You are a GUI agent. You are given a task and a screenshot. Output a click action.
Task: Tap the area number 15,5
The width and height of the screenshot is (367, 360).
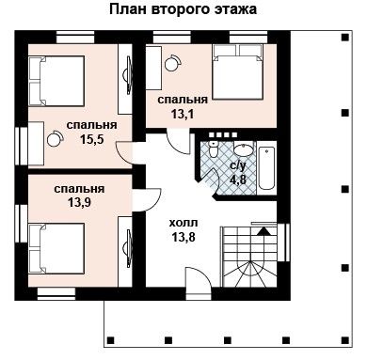(92, 139)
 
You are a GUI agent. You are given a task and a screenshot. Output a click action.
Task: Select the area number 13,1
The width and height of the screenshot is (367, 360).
(183, 114)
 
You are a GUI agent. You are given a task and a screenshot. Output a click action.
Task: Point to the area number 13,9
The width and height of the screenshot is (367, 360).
(79, 203)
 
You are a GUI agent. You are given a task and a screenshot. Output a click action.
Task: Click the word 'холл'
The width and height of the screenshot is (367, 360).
(183, 223)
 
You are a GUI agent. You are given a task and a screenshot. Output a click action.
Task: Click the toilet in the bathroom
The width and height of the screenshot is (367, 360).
(213, 149)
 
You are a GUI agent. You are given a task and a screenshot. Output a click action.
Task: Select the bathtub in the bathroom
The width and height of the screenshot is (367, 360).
(266, 168)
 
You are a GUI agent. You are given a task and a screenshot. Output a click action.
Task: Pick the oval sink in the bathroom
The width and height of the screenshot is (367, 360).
(244, 150)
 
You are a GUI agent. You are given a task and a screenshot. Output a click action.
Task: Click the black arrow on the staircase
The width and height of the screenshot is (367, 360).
(263, 231)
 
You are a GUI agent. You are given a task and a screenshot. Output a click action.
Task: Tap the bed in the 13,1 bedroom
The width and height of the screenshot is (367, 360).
(237, 71)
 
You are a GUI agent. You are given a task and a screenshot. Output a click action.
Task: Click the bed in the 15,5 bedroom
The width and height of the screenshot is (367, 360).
(56, 81)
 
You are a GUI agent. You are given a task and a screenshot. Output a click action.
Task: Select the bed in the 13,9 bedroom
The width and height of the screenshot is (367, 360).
(56, 248)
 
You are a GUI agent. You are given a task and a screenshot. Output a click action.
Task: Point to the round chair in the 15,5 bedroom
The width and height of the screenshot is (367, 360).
(55, 138)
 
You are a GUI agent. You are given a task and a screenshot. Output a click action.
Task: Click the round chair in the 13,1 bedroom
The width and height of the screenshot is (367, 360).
(172, 63)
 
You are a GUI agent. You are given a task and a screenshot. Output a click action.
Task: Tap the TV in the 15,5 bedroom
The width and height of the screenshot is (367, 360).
(127, 75)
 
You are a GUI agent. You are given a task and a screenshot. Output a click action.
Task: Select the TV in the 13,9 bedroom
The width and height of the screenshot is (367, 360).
(127, 249)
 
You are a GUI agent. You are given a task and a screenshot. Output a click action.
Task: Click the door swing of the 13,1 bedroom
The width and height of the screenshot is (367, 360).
(177, 143)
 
